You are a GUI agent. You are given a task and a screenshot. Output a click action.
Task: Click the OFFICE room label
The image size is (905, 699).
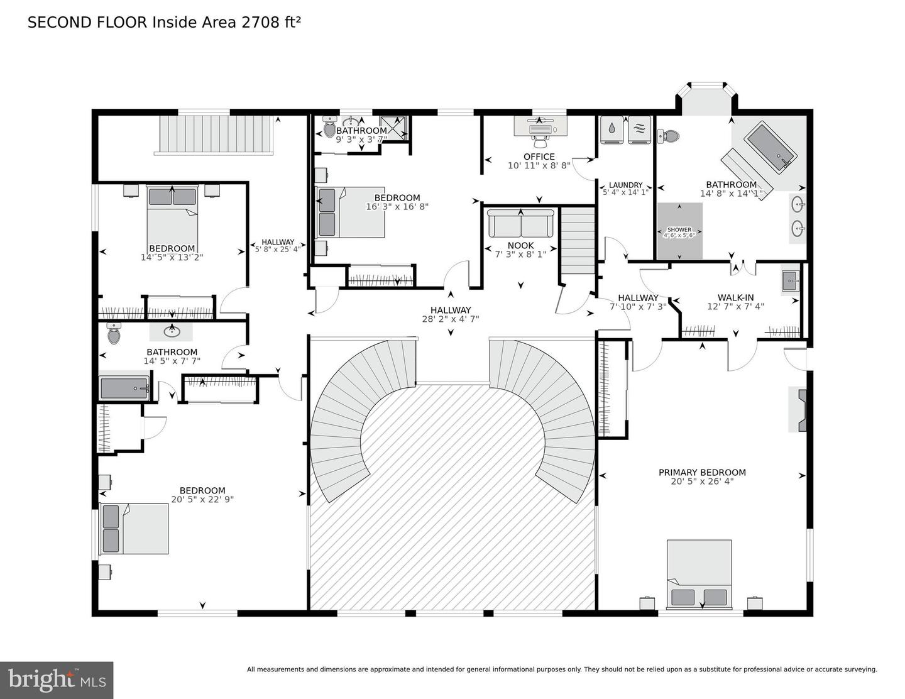point(539,157)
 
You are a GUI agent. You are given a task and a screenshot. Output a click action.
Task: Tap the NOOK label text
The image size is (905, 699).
point(520,246)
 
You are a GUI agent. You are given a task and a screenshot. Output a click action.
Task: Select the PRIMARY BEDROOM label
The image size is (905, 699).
point(702,472)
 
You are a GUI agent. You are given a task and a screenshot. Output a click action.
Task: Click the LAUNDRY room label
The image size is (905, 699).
point(625,185)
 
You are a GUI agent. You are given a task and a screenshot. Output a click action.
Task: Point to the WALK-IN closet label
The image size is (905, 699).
point(735,298)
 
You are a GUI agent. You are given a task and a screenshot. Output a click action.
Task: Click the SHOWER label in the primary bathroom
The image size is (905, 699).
point(679,230)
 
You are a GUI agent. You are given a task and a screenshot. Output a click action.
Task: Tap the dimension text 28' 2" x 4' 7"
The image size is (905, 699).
point(451,319)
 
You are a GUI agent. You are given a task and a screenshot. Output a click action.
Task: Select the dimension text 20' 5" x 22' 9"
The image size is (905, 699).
point(202,500)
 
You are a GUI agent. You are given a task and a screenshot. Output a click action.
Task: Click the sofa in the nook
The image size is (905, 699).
point(521,223)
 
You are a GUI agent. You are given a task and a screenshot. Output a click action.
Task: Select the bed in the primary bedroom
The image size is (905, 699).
point(699,574)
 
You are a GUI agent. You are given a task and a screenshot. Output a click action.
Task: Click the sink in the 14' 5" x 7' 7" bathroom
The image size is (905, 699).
point(172,331)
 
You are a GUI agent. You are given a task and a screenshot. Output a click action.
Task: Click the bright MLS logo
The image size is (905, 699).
point(57,680)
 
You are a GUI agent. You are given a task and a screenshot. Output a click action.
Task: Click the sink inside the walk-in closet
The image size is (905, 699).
point(790,281)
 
